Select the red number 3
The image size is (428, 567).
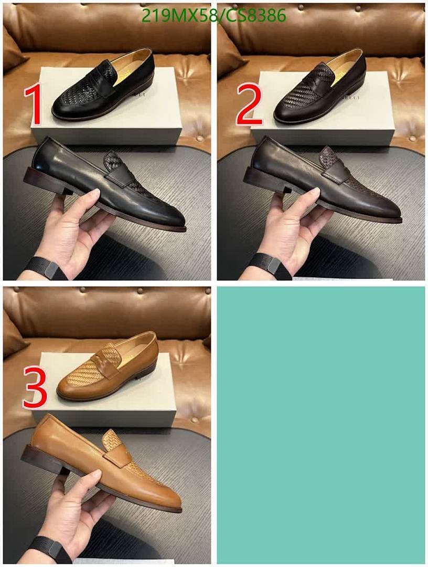tap(35, 389)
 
